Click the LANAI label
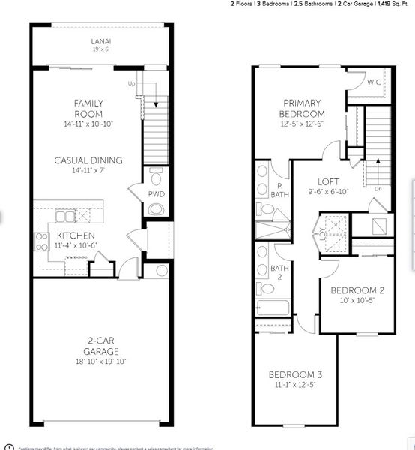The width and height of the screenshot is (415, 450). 100,41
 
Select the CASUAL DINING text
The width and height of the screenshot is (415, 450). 88,160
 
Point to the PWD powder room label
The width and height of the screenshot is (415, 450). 156,194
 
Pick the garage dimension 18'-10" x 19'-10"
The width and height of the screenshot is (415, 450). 100,361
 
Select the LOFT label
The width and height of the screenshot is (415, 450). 329,181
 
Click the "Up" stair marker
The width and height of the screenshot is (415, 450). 132,83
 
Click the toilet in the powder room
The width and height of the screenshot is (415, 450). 156,178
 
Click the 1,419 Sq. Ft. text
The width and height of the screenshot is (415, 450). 390,4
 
